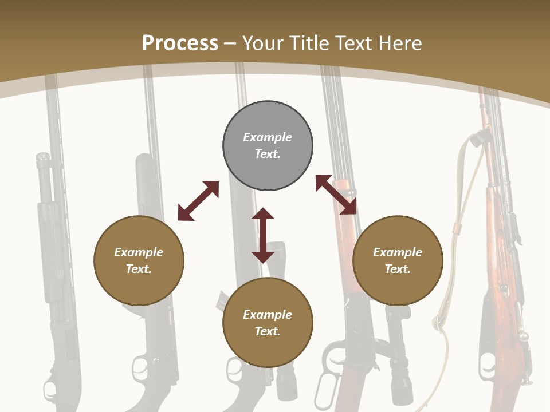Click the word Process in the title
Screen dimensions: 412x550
coord(180,43)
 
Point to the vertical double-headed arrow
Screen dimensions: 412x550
coord(263,235)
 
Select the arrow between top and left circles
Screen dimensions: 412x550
coord(198,201)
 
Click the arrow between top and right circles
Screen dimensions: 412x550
coord(336,195)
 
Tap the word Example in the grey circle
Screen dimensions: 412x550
coord(268,137)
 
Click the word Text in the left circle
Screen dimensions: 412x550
coord(139,269)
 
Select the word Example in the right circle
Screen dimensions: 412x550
coord(398,252)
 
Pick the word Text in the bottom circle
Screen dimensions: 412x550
coord(268,331)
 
